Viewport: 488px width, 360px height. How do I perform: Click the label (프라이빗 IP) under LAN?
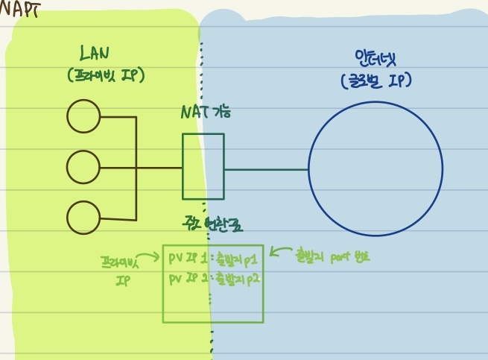click(105, 75)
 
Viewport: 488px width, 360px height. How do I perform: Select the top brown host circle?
click(83, 117)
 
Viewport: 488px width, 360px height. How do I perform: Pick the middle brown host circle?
click(83, 168)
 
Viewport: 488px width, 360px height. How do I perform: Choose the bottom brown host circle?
click(83, 218)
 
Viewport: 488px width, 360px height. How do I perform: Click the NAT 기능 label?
click(206, 113)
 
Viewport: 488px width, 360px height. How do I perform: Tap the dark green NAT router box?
click(203, 166)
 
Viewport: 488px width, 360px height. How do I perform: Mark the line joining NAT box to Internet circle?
click(266, 169)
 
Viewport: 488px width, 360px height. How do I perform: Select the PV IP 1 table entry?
click(187, 258)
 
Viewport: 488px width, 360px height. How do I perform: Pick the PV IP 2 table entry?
click(187, 279)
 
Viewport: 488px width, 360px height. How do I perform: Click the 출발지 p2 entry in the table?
click(235, 279)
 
